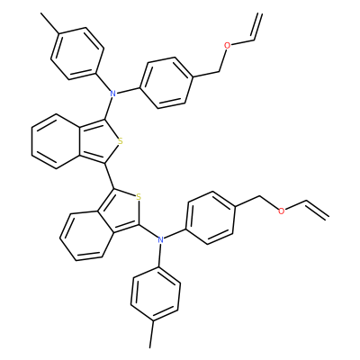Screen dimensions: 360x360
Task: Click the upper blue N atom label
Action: point(112,94)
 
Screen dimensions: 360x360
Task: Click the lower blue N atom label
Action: point(161,239)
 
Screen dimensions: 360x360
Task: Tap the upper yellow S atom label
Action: point(121,141)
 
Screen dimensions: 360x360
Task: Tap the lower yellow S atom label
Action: point(139,197)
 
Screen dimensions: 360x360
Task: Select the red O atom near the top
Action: point(228,46)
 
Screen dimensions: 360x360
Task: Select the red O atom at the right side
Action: point(281,211)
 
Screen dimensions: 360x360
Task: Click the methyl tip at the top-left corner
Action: point(41,13)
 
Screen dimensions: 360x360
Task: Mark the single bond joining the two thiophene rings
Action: point(109,176)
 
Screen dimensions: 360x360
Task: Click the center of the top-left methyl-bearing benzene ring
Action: point(77,54)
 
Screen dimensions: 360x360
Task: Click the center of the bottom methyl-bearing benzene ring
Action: point(156,294)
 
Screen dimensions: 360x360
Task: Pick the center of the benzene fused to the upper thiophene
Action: point(57,141)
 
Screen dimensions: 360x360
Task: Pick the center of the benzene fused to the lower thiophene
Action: point(85,236)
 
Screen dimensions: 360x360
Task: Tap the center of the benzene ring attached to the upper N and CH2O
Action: point(166,83)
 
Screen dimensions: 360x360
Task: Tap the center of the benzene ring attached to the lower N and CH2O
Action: point(210,218)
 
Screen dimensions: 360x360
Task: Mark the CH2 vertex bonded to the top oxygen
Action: point(220,71)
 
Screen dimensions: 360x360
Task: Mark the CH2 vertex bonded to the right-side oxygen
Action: point(260,196)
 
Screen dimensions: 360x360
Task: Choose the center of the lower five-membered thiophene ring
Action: point(121,211)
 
